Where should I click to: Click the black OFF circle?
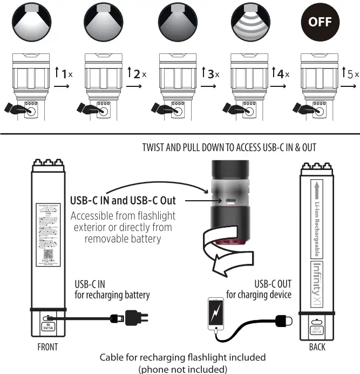click(x=320, y=23)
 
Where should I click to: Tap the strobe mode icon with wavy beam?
click(x=246, y=23)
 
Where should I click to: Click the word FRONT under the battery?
click(x=47, y=347)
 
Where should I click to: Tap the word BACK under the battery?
click(x=317, y=347)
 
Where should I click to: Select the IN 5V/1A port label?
click(x=48, y=326)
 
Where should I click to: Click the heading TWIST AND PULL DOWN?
click(x=229, y=147)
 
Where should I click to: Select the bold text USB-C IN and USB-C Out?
click(x=123, y=200)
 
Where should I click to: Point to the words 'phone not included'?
click(x=182, y=369)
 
